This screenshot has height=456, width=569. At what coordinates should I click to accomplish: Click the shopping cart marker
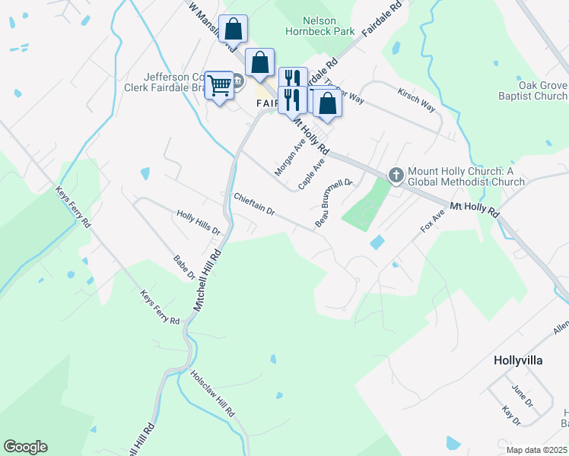[x=220, y=86]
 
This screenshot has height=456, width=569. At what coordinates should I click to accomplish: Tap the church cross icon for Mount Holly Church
[x=396, y=176]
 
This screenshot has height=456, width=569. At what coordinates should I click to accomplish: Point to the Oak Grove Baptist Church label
[x=542, y=90]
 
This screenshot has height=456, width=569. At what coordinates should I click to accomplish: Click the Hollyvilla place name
[x=518, y=360]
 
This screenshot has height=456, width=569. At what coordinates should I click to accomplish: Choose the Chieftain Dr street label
[x=254, y=203]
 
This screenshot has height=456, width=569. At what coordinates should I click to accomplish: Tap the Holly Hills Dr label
[x=198, y=222]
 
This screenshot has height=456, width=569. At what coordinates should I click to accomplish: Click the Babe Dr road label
[x=185, y=266]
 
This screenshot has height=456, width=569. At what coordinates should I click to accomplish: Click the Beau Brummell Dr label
[x=334, y=203]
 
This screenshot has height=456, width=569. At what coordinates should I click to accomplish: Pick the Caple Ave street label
[x=312, y=174]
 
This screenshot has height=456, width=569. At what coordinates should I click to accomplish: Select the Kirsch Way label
[x=416, y=100]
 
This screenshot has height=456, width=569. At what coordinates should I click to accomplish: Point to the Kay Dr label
[x=511, y=416]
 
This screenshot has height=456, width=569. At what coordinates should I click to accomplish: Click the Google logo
[x=25, y=447]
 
